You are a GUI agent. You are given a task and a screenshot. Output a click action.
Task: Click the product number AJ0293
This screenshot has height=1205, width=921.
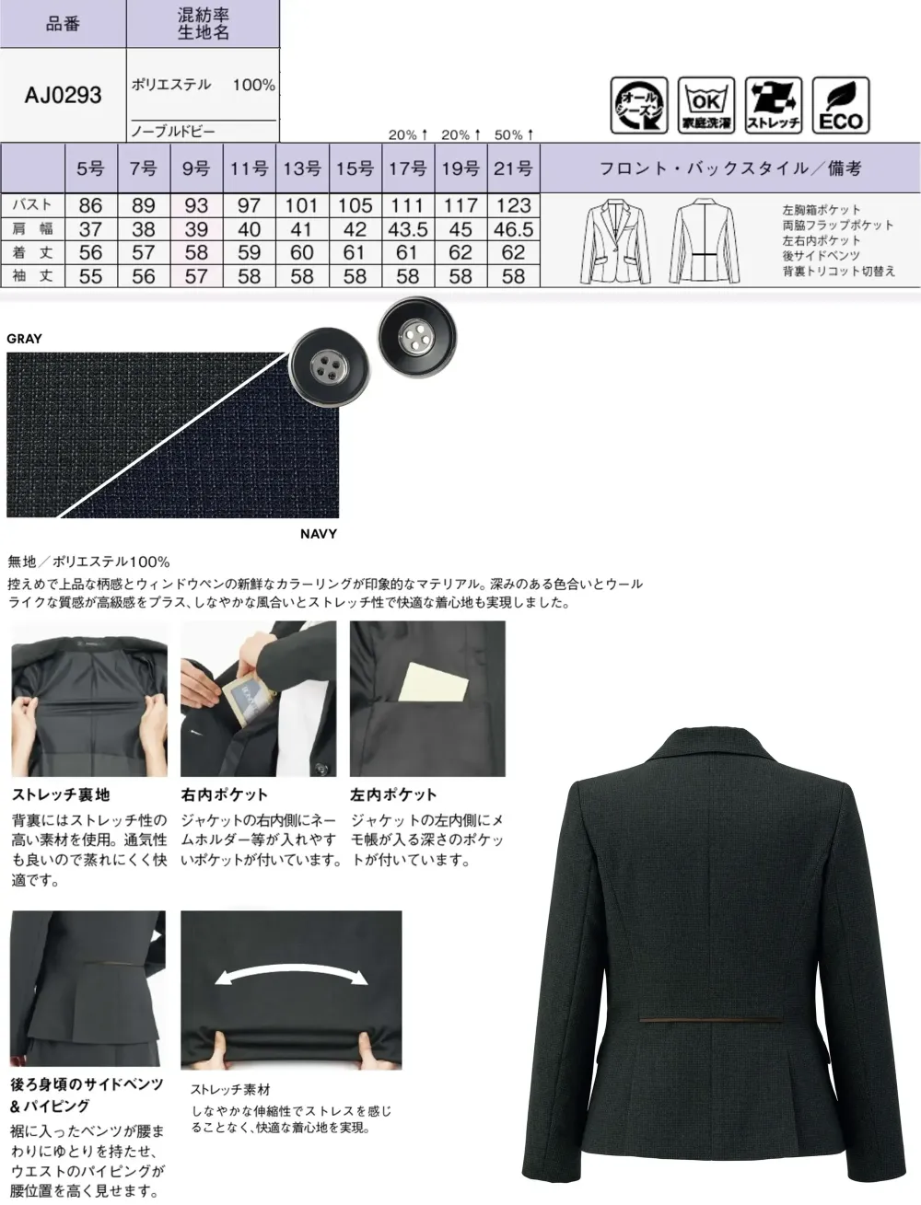(64, 95)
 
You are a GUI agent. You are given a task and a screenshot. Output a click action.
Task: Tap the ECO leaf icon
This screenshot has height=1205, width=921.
(841, 106)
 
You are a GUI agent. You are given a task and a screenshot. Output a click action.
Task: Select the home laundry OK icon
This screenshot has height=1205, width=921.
(705, 106)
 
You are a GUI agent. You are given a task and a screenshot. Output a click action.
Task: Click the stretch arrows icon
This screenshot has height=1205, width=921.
(774, 106)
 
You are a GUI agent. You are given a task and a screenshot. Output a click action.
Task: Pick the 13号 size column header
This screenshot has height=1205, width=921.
(301, 168)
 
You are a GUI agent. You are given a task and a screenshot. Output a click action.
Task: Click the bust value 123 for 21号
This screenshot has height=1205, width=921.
(513, 205)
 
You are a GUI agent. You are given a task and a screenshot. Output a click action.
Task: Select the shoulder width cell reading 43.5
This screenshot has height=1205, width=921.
(407, 229)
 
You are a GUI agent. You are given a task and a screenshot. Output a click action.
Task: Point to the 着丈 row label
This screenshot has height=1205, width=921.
(33, 252)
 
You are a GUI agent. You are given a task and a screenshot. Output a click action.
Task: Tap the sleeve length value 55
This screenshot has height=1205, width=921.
(90, 276)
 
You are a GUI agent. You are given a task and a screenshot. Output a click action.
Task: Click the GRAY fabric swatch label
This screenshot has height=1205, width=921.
(25, 339)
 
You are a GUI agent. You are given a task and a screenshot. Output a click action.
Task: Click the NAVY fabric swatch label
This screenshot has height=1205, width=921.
(319, 534)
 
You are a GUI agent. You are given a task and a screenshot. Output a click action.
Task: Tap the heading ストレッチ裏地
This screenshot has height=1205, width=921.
(61, 794)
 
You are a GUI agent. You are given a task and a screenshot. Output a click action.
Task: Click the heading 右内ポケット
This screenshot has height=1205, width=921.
(224, 794)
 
